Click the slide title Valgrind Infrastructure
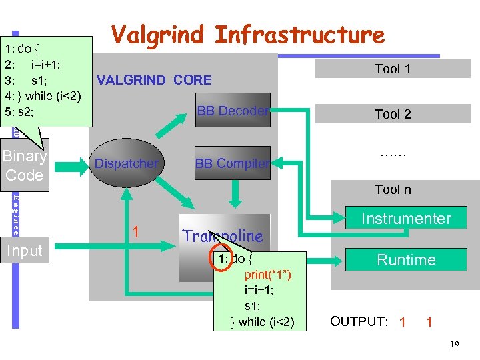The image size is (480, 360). [247, 35]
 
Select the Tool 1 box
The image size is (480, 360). [392, 69]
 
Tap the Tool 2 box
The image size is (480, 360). [392, 114]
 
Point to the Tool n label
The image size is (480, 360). [392, 189]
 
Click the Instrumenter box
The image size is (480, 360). [405, 219]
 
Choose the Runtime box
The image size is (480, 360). [405, 260]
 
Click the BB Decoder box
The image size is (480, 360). [233, 111]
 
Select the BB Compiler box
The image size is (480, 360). [233, 163]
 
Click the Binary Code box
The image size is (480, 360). [25, 165]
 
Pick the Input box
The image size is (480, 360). [25, 251]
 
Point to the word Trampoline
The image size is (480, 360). [223, 235]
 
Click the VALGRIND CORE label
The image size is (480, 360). [154, 81]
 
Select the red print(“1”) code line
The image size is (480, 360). [267, 275]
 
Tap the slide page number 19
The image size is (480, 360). [454, 345]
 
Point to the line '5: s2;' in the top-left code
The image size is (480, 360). [21, 111]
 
